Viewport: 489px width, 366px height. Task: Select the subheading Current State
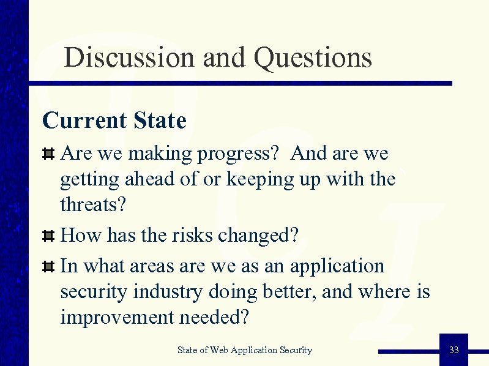(114, 121)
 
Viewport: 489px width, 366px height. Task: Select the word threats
(93, 204)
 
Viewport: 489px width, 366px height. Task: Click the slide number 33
(454, 350)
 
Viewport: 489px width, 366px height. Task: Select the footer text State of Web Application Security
(244, 350)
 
